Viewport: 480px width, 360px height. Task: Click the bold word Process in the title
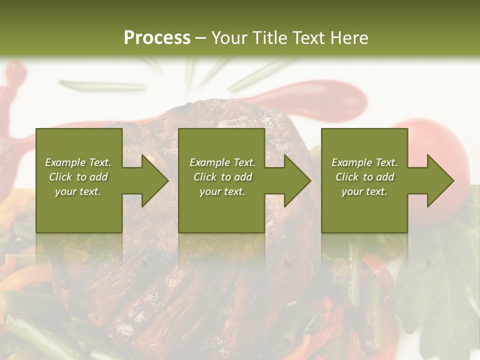[x=157, y=38]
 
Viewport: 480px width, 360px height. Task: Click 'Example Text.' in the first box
[x=78, y=162]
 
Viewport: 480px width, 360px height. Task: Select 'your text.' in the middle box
[x=222, y=191]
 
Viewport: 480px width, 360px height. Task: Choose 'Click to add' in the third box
[x=364, y=177]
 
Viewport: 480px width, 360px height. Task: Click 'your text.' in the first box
[x=78, y=191]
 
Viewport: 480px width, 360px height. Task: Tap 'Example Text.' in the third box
[x=364, y=162]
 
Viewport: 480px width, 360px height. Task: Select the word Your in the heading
[x=229, y=38]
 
